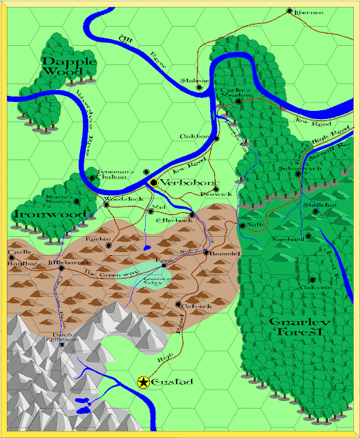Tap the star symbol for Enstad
click(144, 382)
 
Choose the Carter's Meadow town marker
click(238, 101)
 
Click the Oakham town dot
click(216, 138)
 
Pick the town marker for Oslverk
click(178, 305)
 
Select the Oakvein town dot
click(312, 279)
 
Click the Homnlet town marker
click(206, 253)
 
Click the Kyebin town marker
click(108, 244)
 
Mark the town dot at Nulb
click(242, 224)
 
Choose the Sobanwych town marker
click(298, 173)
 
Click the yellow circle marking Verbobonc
click(154, 183)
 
